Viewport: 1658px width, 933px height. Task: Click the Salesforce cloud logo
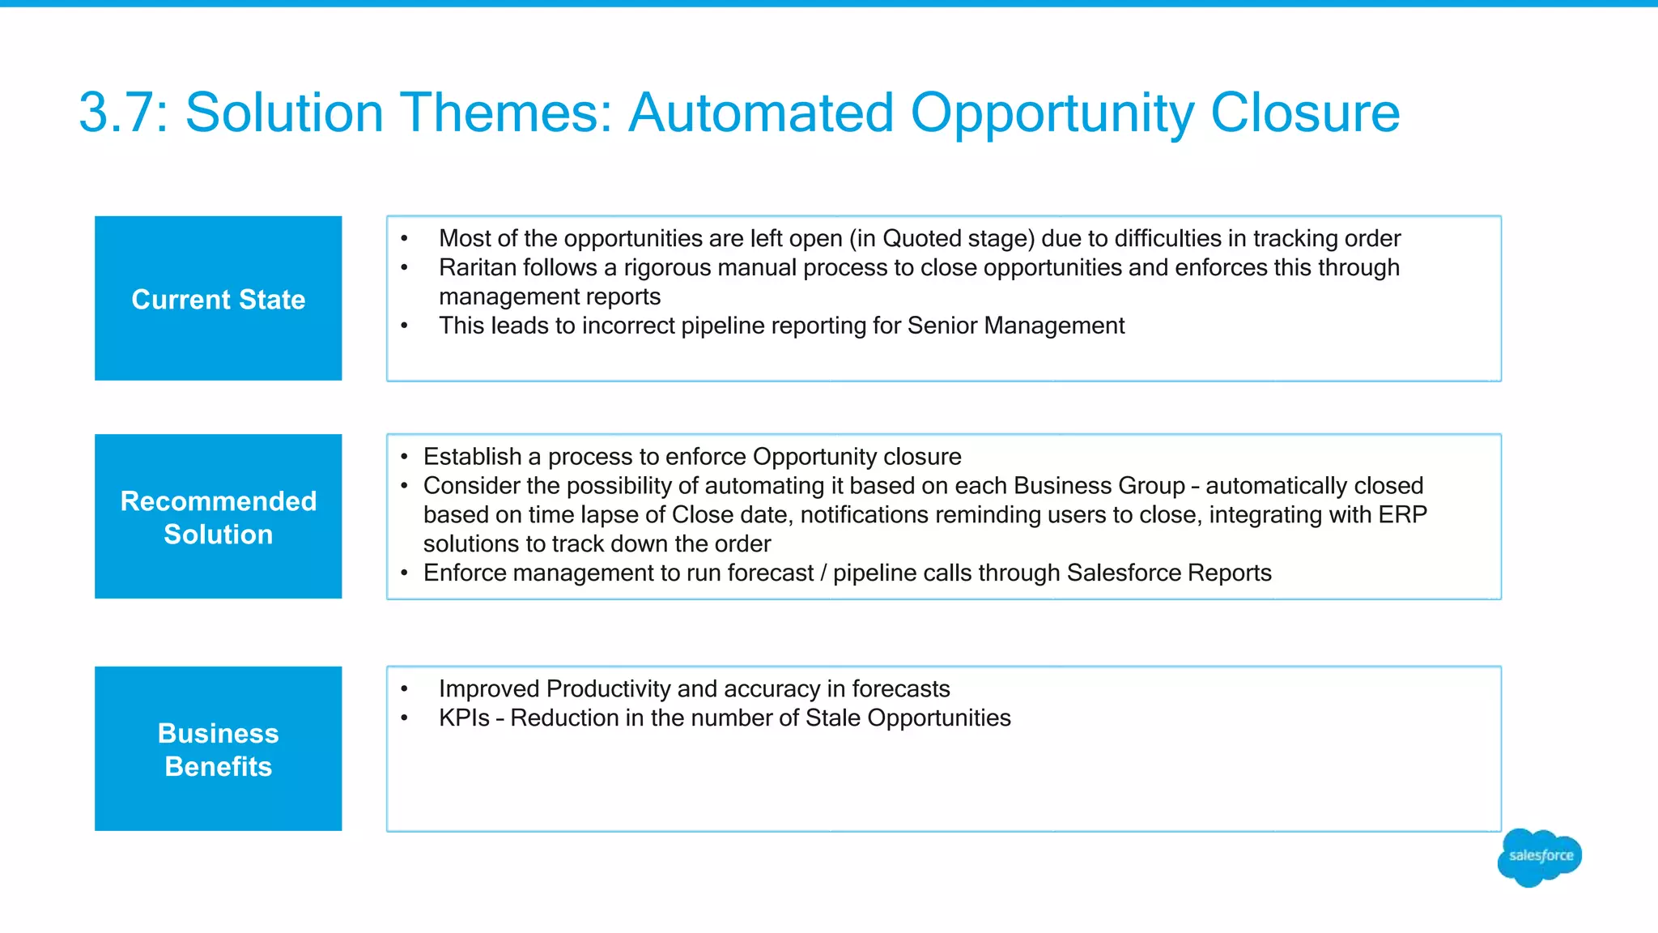coord(1540,857)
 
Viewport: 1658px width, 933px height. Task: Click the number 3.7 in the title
coord(122,113)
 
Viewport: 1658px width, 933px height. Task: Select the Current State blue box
coord(218,298)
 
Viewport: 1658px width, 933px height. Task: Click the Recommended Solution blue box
coord(218,517)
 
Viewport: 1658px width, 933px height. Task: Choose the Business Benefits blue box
coord(218,748)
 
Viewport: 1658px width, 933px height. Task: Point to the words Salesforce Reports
coord(1168,573)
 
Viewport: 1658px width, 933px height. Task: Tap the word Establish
coord(472,457)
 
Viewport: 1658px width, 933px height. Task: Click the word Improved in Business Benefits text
coord(488,688)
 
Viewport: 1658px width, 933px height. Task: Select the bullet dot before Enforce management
coord(404,573)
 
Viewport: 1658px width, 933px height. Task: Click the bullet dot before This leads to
coord(404,326)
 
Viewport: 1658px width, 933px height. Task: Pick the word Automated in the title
coord(761,113)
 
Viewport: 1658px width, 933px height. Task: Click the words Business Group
coord(1099,486)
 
